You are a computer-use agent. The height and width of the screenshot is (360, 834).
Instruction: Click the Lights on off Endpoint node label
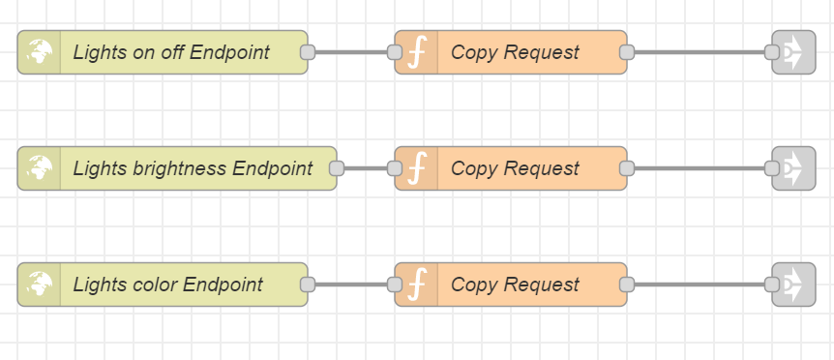pos(170,52)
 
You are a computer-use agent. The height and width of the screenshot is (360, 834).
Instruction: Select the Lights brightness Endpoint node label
pos(193,168)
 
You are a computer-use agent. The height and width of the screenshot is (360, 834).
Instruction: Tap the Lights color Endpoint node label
pos(167,285)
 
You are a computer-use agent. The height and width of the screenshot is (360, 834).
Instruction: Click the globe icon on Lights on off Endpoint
pos(40,52)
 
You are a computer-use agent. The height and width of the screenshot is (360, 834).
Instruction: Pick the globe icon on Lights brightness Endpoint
pos(40,168)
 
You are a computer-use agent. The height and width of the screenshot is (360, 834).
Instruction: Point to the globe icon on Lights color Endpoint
pos(40,285)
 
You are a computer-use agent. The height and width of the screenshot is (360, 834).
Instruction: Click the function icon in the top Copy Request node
pos(417,52)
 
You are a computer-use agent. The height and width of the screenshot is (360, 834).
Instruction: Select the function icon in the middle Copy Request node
pos(417,168)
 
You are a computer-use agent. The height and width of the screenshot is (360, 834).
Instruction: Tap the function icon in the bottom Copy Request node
pos(417,285)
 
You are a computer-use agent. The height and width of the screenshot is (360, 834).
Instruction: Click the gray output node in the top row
pos(794,52)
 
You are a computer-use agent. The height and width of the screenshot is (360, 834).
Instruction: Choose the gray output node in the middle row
pos(794,168)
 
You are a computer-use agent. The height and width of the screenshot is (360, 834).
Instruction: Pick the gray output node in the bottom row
pos(794,285)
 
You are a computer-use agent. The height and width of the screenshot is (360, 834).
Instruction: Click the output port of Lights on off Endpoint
pos(308,52)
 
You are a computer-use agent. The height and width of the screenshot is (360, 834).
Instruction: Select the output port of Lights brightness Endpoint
pos(337,168)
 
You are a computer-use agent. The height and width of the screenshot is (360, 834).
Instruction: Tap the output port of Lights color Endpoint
pos(308,285)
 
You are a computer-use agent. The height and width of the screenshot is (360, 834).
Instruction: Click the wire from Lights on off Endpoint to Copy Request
pos(351,52)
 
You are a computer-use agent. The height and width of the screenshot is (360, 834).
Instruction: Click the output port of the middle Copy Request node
pos(627,168)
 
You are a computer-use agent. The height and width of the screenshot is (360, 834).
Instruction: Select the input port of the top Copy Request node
pos(395,52)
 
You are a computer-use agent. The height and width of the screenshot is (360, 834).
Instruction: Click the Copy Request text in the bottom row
pos(515,285)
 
